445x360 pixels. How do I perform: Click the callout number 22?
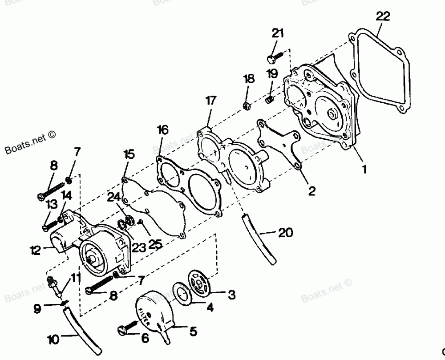click(x=382, y=16)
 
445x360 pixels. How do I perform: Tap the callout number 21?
click(x=278, y=33)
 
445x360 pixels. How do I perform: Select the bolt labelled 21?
click(x=275, y=57)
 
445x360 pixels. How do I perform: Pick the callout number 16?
click(x=163, y=130)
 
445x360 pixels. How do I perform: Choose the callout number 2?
click(x=311, y=191)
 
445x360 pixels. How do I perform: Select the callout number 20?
click(x=287, y=232)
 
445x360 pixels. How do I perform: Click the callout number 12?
click(x=36, y=250)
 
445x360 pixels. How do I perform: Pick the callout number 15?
click(x=129, y=154)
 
